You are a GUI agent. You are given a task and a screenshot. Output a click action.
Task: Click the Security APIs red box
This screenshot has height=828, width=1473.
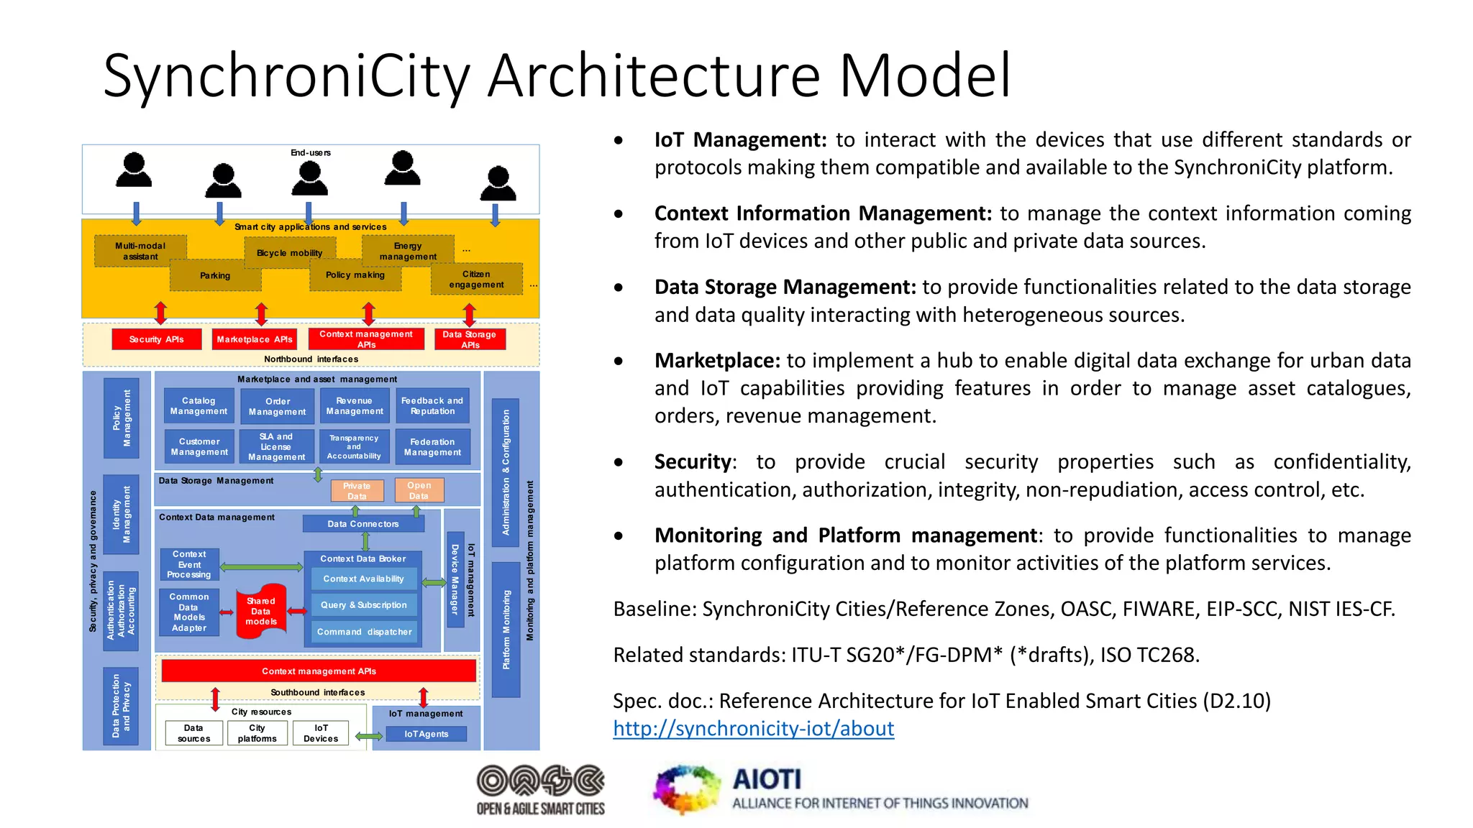coord(156,339)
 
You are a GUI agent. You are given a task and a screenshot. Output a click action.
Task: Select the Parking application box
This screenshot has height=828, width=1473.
coord(215,276)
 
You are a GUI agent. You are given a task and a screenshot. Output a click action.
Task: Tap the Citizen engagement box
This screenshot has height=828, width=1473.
coord(476,280)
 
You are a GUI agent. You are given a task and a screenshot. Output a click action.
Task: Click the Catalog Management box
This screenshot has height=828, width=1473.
coord(199,406)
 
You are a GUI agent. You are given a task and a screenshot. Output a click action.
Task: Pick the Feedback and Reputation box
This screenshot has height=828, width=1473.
coord(432,406)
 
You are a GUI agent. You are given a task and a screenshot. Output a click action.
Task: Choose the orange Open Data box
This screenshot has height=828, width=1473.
coord(419,490)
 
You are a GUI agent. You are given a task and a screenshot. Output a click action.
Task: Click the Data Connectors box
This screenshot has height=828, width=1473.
coord(363,524)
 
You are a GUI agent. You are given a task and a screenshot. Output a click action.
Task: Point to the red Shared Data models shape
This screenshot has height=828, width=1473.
coord(261,612)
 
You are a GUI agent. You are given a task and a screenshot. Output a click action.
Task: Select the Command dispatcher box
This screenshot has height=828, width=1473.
coord(365,632)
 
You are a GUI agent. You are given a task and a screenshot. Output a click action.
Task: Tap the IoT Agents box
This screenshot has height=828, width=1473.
coord(426,734)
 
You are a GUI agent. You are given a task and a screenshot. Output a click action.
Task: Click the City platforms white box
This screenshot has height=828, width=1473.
coord(257,733)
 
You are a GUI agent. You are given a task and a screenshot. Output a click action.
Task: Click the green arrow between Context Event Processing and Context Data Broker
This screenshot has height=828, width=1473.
coord(261,567)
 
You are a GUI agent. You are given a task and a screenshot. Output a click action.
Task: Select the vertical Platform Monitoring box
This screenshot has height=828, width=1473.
coord(506,630)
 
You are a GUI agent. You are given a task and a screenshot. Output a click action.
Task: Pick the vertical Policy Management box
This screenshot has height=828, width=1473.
coord(122,418)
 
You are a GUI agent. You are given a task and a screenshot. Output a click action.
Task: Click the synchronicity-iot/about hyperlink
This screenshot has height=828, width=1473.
coord(753,729)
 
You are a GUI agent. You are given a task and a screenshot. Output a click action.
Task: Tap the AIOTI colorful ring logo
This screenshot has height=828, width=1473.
coord(687,789)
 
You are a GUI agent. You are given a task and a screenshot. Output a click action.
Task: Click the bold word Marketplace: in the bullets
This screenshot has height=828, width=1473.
coord(716,361)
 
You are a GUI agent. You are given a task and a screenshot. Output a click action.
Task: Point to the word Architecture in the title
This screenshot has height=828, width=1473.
coord(654,75)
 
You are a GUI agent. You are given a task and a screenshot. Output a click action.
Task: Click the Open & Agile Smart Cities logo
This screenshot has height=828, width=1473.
coord(541,789)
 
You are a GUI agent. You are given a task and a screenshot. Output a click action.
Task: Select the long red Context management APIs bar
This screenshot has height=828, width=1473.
coord(319,671)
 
